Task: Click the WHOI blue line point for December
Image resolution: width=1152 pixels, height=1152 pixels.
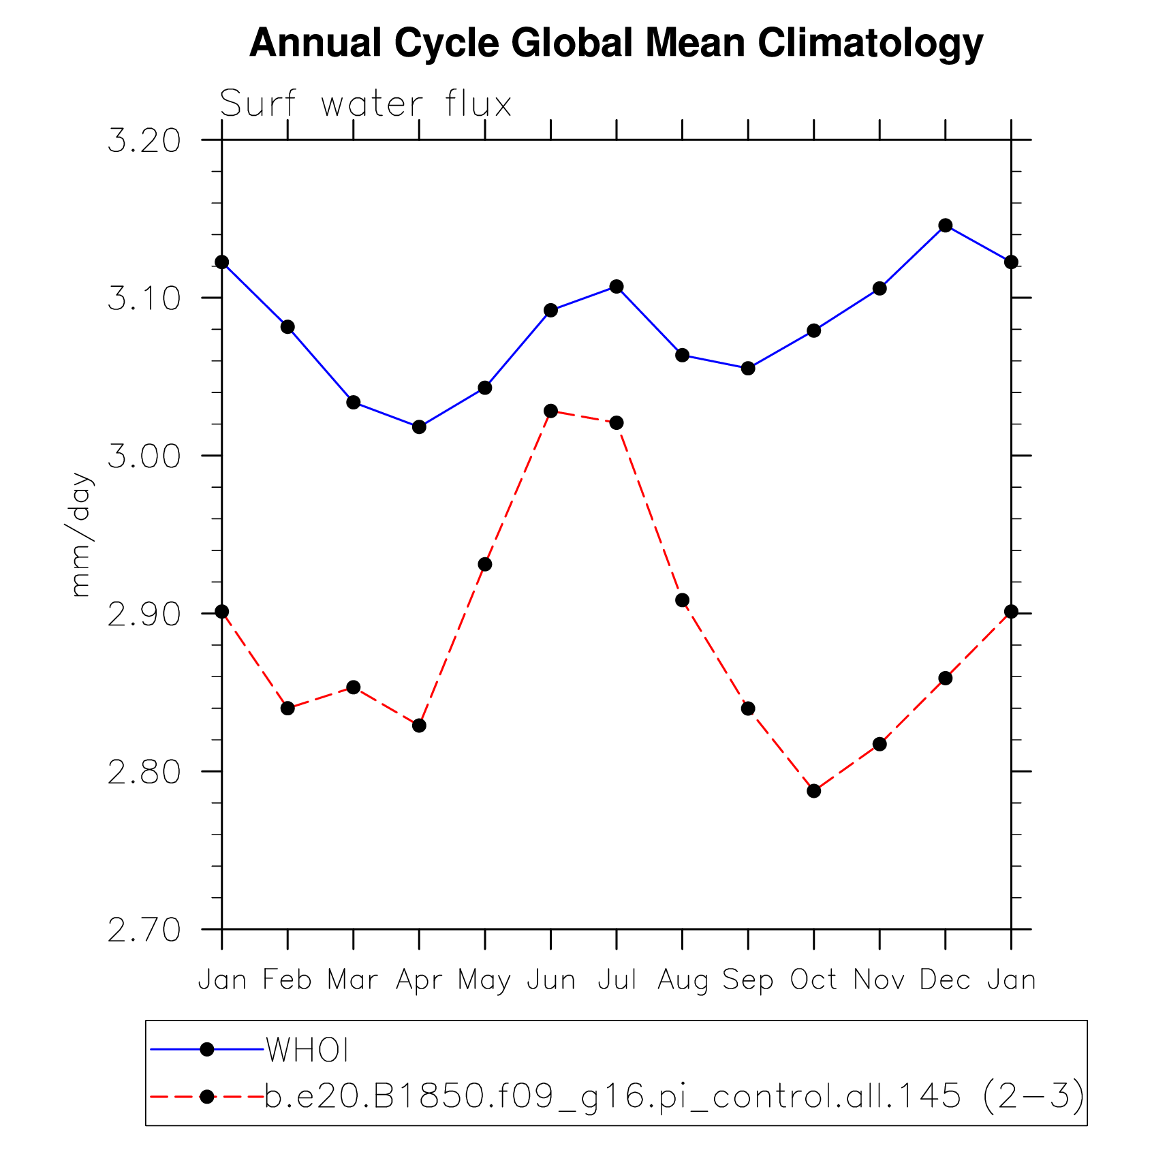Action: point(945,225)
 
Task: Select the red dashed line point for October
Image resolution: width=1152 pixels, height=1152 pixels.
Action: point(813,791)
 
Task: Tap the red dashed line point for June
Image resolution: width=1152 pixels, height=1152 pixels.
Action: point(550,411)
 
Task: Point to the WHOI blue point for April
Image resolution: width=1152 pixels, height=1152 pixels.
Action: point(419,427)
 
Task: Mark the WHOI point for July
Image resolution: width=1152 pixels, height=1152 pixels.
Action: point(617,286)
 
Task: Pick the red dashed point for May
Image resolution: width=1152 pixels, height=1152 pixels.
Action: point(485,564)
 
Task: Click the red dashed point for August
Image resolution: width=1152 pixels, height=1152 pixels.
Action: point(682,600)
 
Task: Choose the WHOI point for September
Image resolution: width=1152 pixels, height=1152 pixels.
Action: point(748,369)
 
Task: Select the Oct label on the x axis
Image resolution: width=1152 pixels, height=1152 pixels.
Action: point(813,980)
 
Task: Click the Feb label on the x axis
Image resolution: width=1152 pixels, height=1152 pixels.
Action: point(287,980)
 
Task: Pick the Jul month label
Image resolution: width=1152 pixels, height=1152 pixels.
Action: point(617,980)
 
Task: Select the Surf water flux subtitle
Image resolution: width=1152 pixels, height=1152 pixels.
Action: point(366,104)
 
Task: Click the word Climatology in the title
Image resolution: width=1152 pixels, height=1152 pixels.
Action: point(870,43)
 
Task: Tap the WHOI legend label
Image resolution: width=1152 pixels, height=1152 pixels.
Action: point(307,1050)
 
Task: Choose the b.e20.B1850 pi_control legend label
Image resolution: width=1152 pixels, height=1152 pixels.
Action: point(674,1096)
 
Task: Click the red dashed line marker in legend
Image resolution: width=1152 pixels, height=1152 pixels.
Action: point(207,1096)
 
